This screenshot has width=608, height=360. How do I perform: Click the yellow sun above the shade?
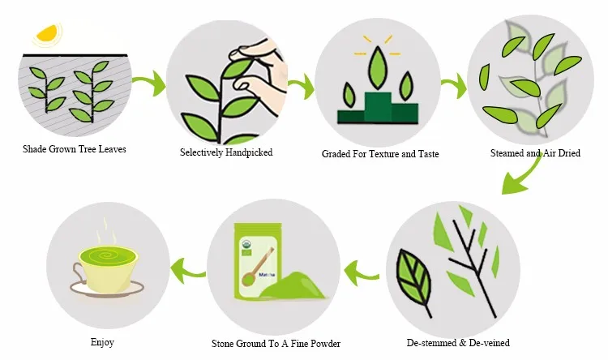[x=47, y=35]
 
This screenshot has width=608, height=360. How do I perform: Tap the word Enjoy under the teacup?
[x=102, y=342]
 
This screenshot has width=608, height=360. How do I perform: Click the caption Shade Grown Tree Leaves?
[x=75, y=149]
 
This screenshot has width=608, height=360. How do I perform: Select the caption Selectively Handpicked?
[x=226, y=152]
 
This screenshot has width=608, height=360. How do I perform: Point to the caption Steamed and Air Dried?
[x=535, y=153]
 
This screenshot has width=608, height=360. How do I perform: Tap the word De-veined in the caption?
[x=490, y=343]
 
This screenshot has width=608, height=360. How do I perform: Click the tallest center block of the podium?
[x=378, y=108]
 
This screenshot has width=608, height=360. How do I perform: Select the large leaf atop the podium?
[x=378, y=68]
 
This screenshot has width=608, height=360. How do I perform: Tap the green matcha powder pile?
[x=295, y=285]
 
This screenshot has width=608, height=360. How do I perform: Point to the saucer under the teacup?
[x=107, y=289]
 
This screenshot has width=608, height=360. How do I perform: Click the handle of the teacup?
[x=78, y=272]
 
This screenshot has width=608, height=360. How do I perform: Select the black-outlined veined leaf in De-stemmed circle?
[x=414, y=279]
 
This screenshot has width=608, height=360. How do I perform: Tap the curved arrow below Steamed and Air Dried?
[x=524, y=174]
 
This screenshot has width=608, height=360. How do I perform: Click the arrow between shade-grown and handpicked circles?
[x=150, y=83]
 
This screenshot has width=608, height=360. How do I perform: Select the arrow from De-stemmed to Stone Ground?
[x=361, y=272]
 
